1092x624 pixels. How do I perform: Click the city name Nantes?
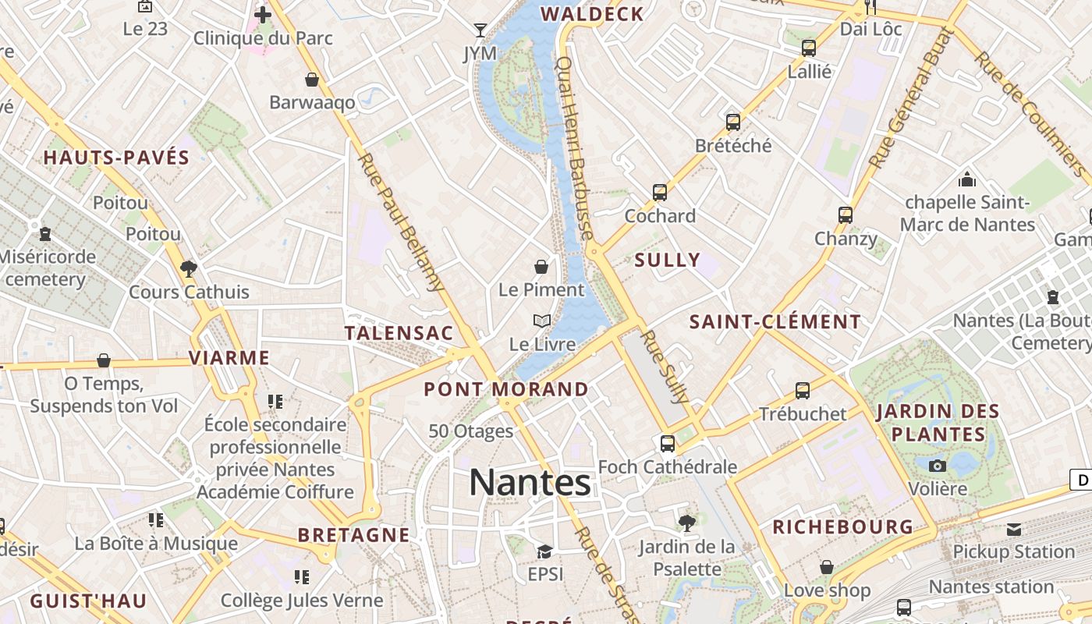530,483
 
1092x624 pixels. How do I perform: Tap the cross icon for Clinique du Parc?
263,14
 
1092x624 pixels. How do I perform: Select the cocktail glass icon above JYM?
480,30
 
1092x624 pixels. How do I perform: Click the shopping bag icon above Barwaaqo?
312,80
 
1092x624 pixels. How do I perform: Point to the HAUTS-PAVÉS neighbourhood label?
116,158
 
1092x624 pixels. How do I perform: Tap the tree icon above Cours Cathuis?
188,269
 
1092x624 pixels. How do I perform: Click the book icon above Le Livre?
542,321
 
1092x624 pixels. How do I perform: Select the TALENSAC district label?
399,333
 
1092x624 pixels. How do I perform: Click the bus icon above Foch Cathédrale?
668,443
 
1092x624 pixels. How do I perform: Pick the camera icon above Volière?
938,466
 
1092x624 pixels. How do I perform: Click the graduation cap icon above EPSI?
544,551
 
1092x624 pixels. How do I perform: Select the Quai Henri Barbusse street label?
576,148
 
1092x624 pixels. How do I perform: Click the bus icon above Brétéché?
733,122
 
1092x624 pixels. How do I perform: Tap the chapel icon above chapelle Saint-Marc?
967,179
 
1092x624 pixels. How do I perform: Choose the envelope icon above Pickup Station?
1013,530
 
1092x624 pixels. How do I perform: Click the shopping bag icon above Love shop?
827,567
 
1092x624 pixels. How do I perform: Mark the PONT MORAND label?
506,388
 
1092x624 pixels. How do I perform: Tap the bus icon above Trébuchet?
803,390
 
